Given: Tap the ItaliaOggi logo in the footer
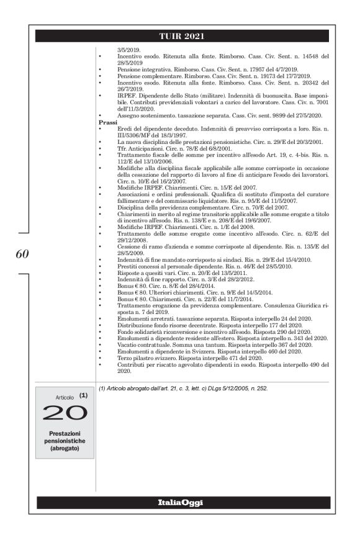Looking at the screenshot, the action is [x=180, y=502].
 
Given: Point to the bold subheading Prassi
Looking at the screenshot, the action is [x=108, y=123].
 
